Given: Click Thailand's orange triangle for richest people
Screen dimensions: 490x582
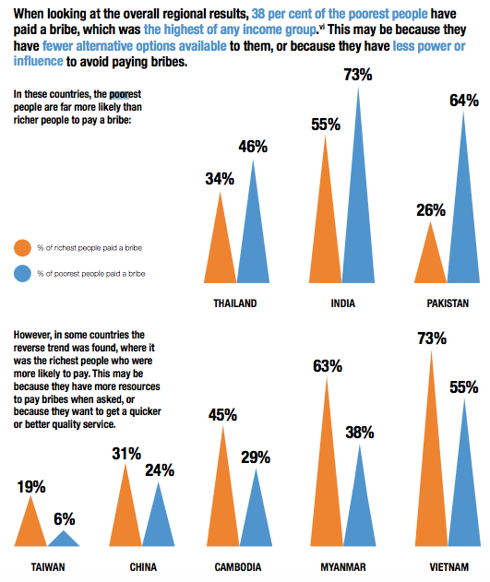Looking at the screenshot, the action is tap(220, 253).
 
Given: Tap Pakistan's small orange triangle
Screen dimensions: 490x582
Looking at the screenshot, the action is tap(431, 263).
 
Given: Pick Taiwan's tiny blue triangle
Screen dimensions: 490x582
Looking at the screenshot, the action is tap(64, 540).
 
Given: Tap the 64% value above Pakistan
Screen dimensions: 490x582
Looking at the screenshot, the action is tap(464, 101).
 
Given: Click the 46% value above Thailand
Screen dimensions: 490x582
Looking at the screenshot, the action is tap(253, 147).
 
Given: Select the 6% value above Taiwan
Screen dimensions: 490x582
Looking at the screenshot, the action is tap(65, 519).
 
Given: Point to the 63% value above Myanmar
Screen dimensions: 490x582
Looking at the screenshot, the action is tap(328, 366).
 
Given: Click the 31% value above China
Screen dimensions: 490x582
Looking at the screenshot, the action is tap(126, 454).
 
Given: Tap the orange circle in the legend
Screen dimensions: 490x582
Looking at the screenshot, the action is tap(22, 247).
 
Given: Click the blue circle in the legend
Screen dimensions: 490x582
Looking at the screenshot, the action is tap(22, 274).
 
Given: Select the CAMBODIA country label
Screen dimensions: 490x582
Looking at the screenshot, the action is tap(238, 567).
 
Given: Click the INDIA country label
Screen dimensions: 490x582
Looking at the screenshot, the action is tap(343, 303).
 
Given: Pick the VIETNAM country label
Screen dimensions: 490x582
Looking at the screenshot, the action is tap(449, 567).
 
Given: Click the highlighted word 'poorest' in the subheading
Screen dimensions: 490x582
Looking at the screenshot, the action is tap(125, 94).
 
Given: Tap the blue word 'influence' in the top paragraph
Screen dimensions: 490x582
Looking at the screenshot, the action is tap(38, 61).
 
